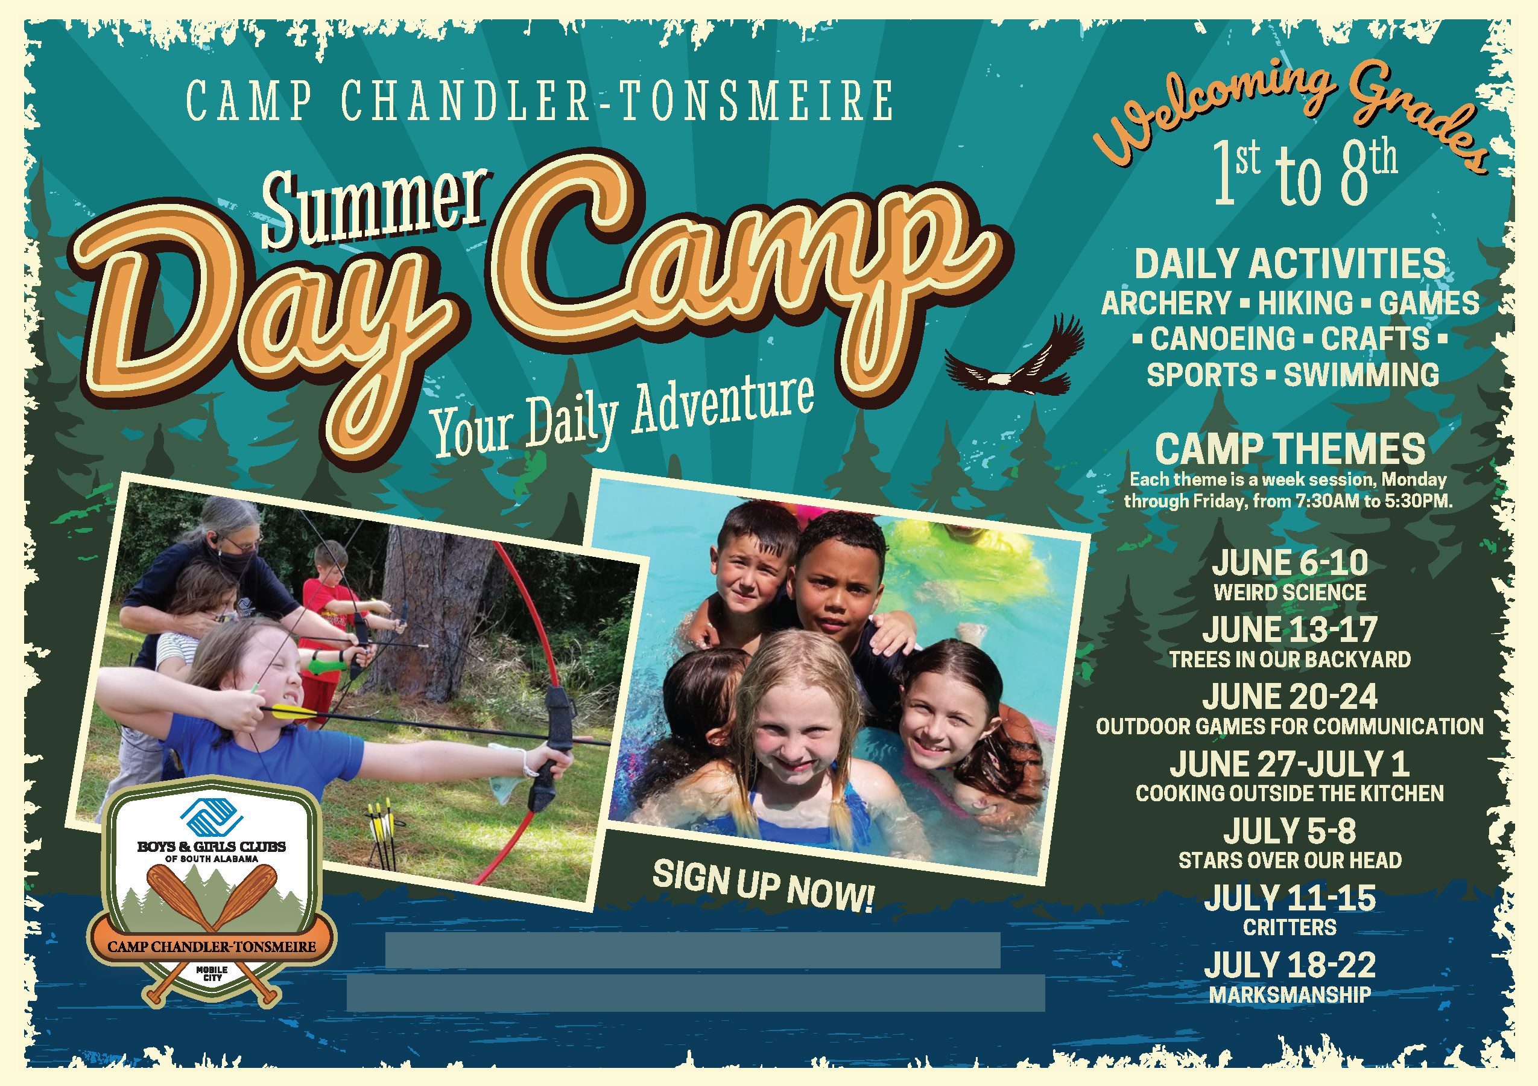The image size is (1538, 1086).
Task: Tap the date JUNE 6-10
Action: pyautogui.click(x=1290, y=563)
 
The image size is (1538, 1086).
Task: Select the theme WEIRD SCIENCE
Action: pyautogui.click(x=1290, y=593)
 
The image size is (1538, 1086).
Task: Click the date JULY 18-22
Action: pyautogui.click(x=1290, y=965)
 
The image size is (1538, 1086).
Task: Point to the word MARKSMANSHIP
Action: pyautogui.click(x=1290, y=996)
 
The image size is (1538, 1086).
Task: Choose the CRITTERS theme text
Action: pyautogui.click(x=1290, y=928)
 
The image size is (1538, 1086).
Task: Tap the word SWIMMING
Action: pyautogui.click(x=1361, y=375)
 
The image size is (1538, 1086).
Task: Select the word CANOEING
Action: pyautogui.click(x=1223, y=339)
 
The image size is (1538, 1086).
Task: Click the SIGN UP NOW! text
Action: pyautogui.click(x=764, y=886)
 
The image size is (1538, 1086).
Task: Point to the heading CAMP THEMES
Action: pyautogui.click(x=1290, y=449)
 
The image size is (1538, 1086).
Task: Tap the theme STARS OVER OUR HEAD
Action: pyautogui.click(x=1290, y=861)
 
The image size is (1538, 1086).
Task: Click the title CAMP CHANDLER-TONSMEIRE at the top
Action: pyautogui.click(x=539, y=102)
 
